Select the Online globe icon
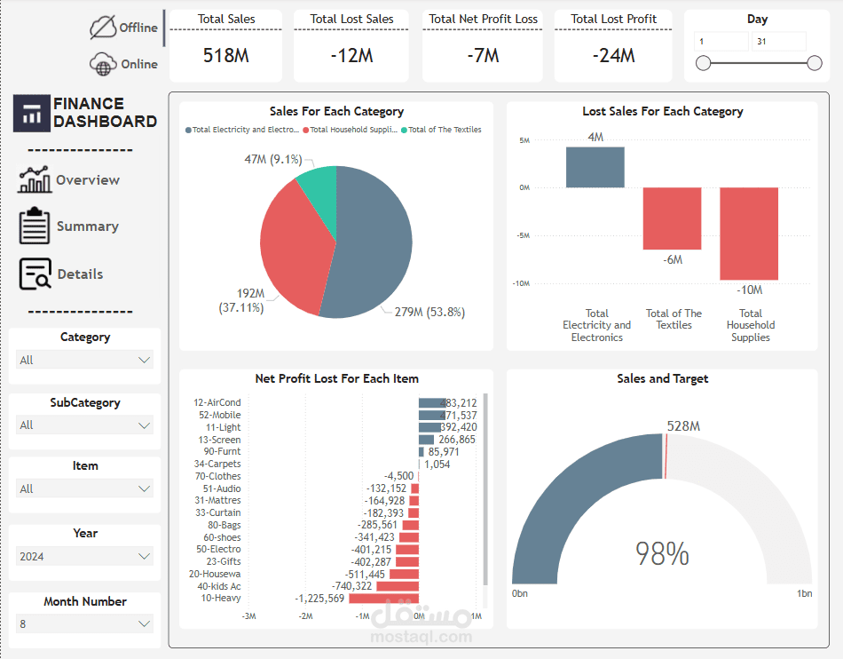click(103, 64)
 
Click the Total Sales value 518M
click(225, 55)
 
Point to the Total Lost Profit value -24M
click(613, 55)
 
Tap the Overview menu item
click(87, 179)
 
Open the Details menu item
click(80, 274)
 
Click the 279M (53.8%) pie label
click(423, 312)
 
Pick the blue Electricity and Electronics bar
click(595, 167)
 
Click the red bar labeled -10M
click(749, 234)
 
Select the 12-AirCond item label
click(217, 403)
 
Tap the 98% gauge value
click(662, 554)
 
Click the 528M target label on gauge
click(683, 426)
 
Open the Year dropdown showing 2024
click(85, 557)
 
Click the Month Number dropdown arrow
click(145, 624)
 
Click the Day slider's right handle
click(815, 63)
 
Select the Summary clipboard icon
click(35, 226)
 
